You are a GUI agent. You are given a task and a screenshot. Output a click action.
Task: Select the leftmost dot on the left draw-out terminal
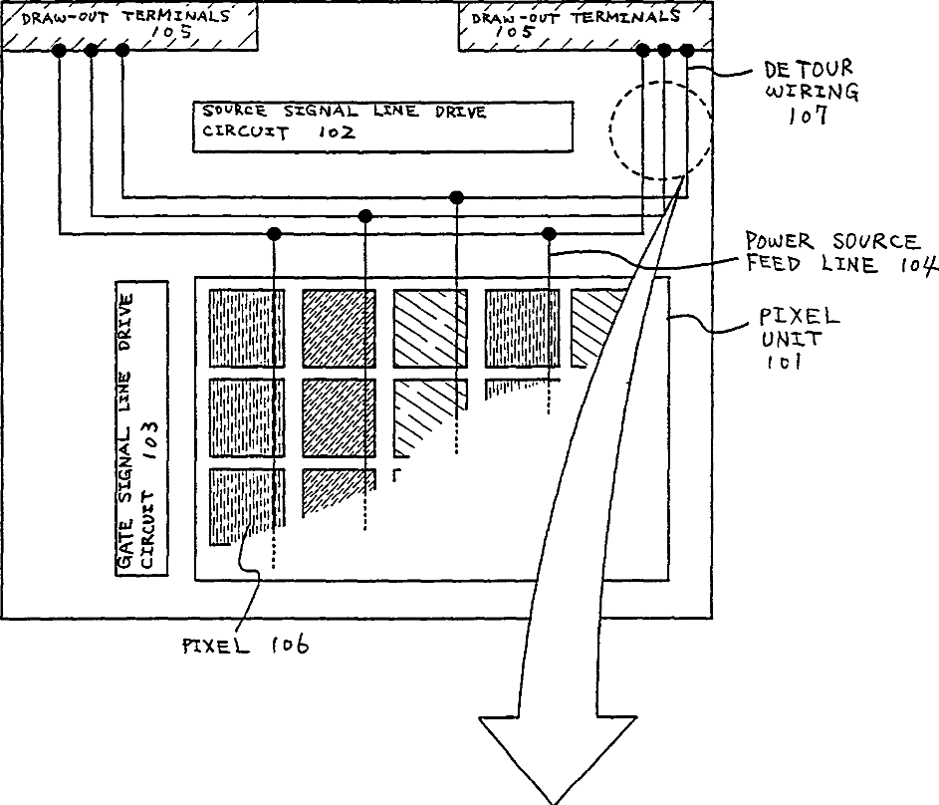point(60,50)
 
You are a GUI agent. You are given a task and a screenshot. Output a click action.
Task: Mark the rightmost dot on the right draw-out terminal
point(686,50)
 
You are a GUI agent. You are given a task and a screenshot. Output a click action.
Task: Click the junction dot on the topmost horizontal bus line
point(457,196)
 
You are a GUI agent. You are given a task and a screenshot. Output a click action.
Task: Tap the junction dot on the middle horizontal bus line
point(365,215)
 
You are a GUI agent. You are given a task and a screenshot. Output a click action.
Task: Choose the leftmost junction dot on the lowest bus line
point(273,234)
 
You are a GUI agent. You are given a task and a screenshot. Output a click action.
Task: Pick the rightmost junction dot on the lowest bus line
point(549,234)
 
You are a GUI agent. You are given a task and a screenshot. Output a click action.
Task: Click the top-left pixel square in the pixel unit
point(247,328)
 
